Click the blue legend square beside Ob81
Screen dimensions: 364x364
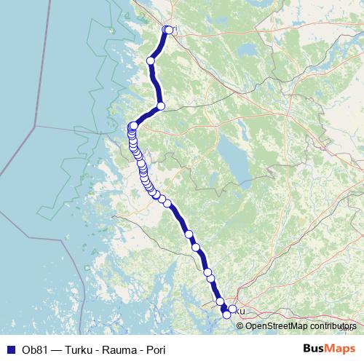click(x=10, y=349)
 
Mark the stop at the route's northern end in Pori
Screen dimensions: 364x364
click(x=168, y=30)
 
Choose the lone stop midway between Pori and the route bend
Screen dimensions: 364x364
click(x=151, y=60)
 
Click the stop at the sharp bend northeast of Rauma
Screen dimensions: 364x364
click(x=161, y=106)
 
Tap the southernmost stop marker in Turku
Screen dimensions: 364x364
click(x=226, y=314)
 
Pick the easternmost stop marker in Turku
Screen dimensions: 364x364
click(x=232, y=309)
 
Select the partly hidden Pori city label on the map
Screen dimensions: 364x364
click(x=173, y=30)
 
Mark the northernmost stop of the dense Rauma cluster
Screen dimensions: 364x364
click(x=134, y=125)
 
